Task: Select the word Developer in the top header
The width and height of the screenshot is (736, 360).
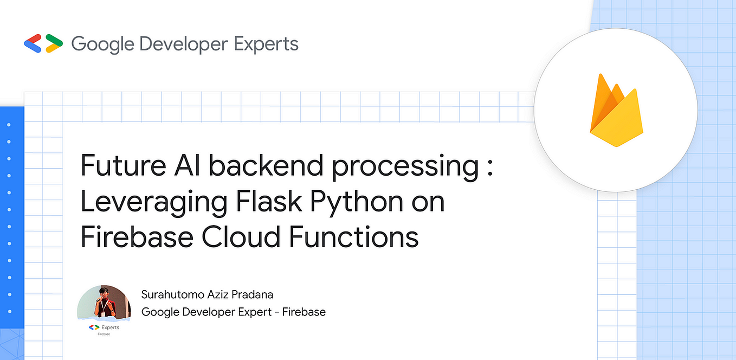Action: point(183,43)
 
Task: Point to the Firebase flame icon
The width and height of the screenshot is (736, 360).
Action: point(615,112)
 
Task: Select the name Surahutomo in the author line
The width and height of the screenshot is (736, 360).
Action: point(173,294)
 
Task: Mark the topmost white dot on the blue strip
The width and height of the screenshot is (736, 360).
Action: point(9,125)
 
